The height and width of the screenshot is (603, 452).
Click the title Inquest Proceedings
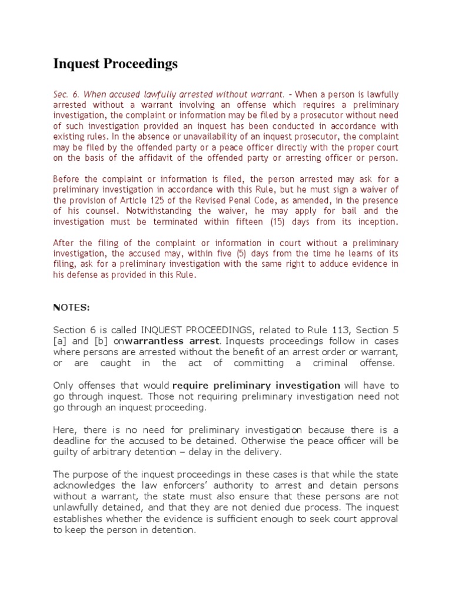tap(115, 64)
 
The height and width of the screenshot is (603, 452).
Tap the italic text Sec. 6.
tap(65, 94)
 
